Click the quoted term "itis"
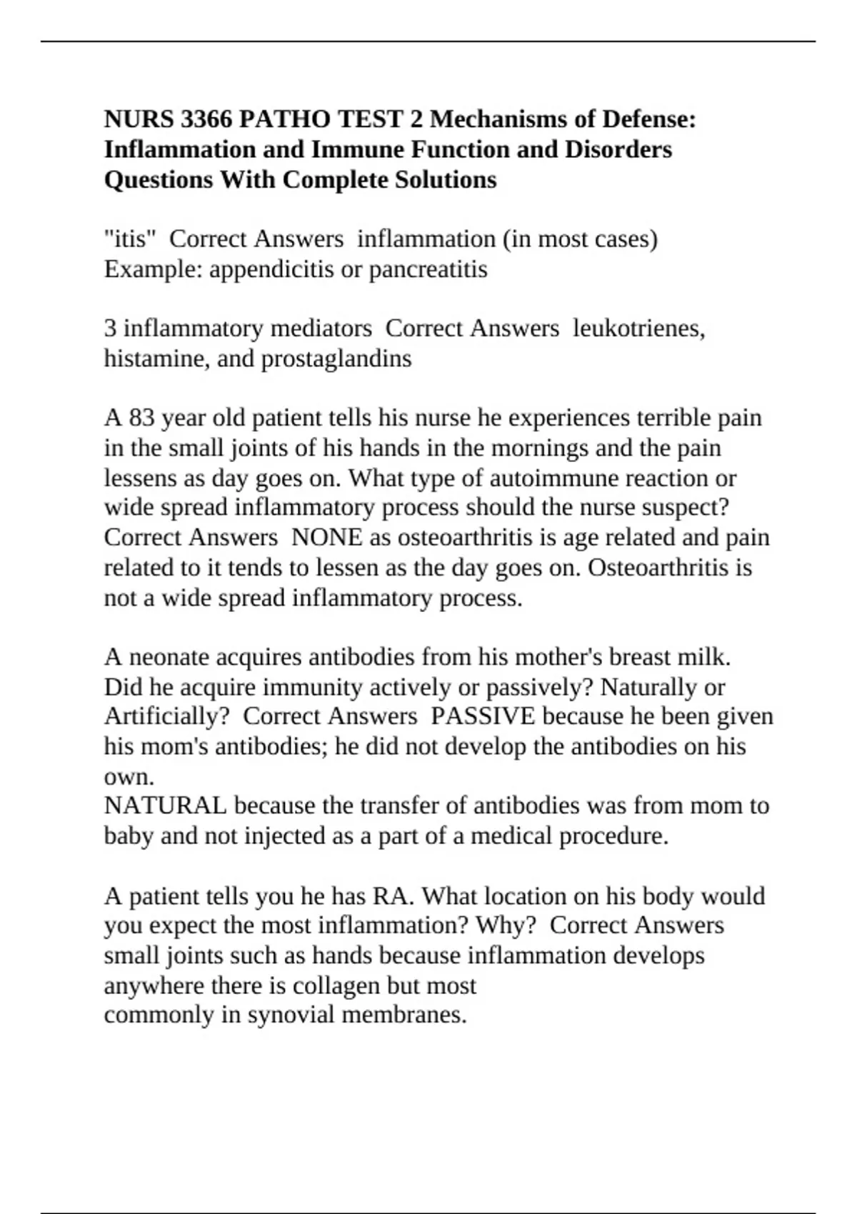pyautogui.click(x=130, y=239)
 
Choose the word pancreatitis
pyautogui.click(x=428, y=269)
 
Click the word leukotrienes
pyautogui.click(x=638, y=328)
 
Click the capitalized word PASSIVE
pyautogui.click(x=483, y=716)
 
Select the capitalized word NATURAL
pyautogui.click(x=165, y=806)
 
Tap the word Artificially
pyautogui.click(x=167, y=716)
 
